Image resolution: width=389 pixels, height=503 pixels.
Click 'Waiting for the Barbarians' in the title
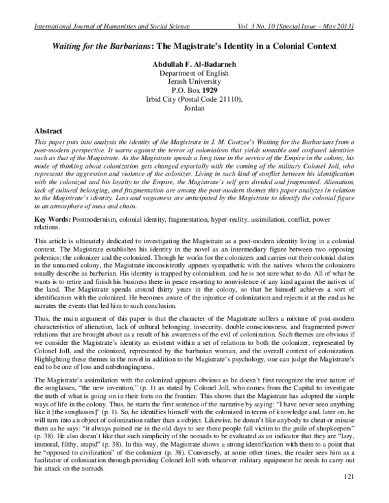tap(95, 47)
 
